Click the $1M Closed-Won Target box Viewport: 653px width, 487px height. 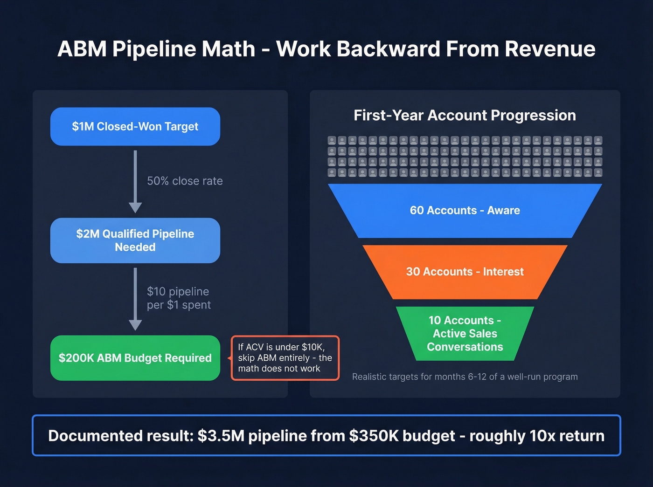[135, 127]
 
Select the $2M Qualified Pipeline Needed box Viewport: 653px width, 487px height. [135, 240]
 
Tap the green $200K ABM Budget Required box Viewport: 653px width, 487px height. [135, 358]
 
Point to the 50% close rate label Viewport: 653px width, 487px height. [185, 181]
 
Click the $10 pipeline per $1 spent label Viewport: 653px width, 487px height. [179, 298]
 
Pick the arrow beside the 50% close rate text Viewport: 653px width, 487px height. [135, 182]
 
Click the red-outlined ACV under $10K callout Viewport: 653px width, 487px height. [285, 358]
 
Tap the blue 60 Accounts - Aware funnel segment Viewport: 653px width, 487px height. [465, 211]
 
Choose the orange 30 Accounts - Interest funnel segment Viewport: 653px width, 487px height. [465, 272]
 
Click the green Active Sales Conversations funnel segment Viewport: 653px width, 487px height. [465, 334]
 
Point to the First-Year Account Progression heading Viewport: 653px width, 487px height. [465, 115]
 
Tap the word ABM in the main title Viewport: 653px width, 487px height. [82, 49]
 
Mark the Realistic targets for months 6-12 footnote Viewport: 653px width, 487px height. [465, 377]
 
